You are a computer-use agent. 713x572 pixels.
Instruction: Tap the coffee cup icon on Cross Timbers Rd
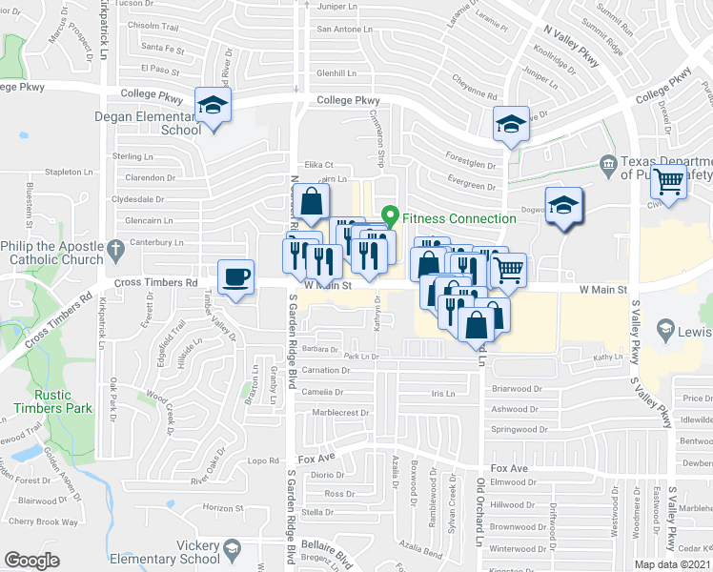[235, 277]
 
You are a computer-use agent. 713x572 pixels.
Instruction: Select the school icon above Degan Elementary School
[213, 105]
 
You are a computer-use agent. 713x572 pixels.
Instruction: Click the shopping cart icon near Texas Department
[671, 179]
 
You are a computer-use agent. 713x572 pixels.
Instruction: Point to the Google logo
[31, 561]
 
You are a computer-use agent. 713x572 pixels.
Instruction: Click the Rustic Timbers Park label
[52, 400]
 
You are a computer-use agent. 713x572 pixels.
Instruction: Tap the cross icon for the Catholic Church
[116, 251]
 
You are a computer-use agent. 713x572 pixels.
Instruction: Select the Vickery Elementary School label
[164, 553]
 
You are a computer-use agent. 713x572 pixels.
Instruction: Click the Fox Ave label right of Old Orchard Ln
[509, 469]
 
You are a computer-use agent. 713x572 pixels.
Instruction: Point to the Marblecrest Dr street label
[342, 413]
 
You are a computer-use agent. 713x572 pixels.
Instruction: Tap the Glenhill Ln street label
[336, 72]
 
